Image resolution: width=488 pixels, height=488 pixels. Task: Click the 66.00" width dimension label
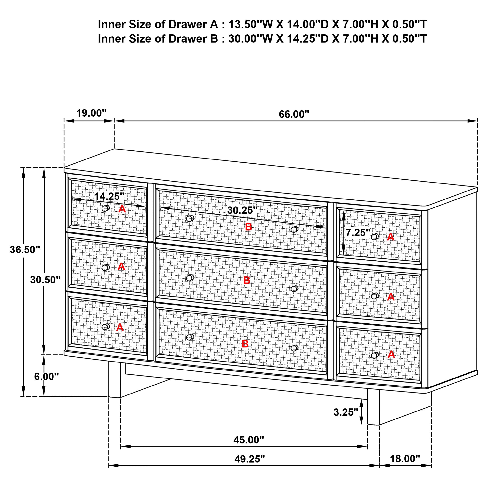coord(294,114)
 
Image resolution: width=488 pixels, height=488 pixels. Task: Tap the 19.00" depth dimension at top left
coord(91,113)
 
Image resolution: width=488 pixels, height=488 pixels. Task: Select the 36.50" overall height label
coord(25,249)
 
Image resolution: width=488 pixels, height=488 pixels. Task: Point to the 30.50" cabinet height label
coord(45,280)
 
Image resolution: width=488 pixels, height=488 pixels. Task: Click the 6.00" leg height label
coord(46,377)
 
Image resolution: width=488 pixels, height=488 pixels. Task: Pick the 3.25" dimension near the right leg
coord(346,412)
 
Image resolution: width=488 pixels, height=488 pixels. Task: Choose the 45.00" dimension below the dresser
coord(248,440)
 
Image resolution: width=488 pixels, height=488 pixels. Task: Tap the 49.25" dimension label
coord(249,459)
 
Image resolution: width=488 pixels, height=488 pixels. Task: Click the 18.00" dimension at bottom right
coord(405,459)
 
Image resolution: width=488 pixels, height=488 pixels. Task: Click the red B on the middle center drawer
coord(247,280)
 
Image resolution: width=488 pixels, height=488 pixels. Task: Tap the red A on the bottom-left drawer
coord(120,327)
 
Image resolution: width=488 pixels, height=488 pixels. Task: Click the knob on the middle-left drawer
coord(105,267)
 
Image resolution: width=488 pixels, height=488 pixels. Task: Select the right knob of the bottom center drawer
coord(294,348)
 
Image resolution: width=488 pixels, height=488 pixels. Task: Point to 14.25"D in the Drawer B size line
coord(307,39)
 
